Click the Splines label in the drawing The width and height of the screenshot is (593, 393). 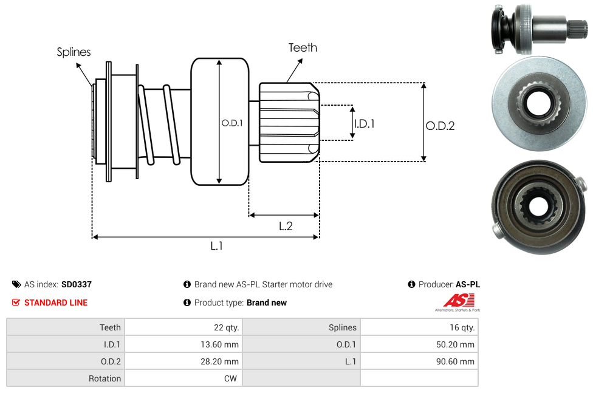point(74,52)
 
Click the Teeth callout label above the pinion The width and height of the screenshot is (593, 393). point(303,47)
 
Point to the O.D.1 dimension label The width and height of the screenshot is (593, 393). point(232,123)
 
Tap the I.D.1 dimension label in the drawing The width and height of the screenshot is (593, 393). point(364,124)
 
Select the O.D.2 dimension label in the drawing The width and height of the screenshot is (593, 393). point(440,126)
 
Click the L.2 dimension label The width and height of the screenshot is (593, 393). point(286,226)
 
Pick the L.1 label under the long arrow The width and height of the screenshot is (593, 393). point(216,246)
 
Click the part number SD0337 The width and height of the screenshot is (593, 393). point(77,284)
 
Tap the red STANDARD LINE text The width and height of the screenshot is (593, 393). point(56,302)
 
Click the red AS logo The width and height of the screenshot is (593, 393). point(459,301)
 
